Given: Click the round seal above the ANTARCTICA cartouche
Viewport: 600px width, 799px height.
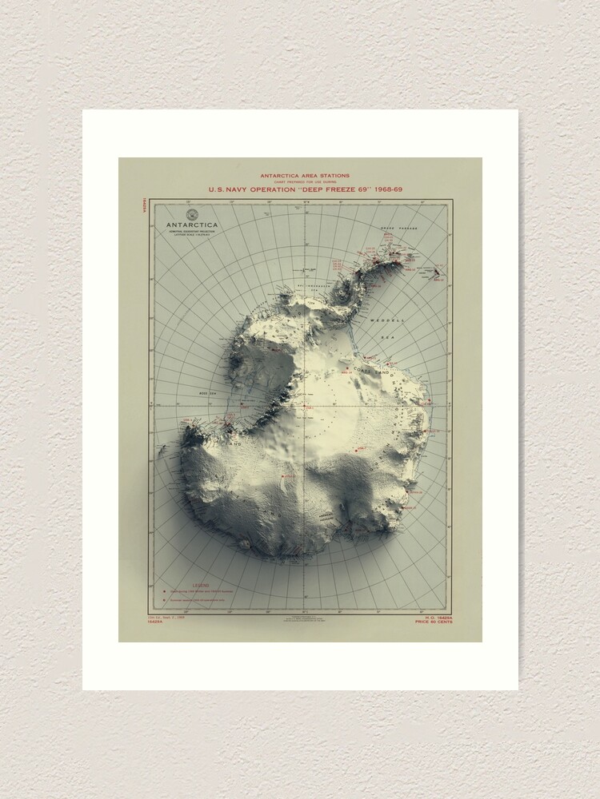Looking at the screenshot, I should click(x=192, y=214).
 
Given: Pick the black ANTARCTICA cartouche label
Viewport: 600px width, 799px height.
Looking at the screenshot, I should click(x=192, y=225).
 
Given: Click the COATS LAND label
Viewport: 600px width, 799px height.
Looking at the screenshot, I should click(x=382, y=372).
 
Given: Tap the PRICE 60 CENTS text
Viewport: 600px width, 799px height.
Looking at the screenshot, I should click(x=433, y=622).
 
